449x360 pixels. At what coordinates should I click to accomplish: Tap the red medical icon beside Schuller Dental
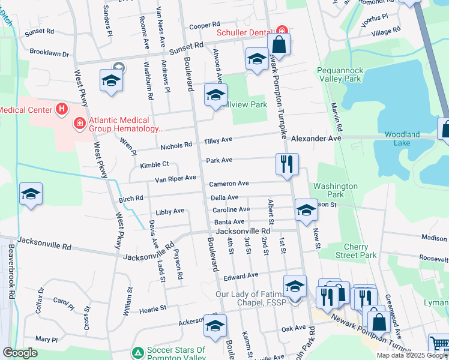click(282, 31)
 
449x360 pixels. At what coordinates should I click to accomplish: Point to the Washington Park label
click(336, 190)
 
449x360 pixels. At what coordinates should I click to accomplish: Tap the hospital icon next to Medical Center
click(61, 109)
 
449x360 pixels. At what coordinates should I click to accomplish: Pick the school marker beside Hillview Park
click(215, 95)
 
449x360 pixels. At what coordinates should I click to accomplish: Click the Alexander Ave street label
click(316, 138)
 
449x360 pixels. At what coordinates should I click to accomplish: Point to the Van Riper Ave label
click(176, 178)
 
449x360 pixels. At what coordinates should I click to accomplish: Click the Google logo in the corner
click(20, 353)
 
